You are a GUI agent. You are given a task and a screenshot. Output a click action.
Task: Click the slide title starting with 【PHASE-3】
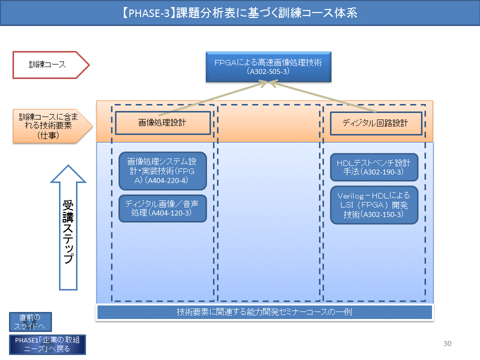[x=239, y=13]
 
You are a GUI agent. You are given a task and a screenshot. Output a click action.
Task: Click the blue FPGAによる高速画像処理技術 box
[x=268, y=63]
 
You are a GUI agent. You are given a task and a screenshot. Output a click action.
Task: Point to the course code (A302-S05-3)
[x=268, y=72]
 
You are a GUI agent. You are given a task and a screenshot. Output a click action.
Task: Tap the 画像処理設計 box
[x=162, y=123]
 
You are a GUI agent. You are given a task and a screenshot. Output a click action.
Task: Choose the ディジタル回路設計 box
[x=375, y=123]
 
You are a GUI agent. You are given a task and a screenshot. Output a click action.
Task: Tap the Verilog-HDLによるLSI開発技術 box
[x=373, y=205]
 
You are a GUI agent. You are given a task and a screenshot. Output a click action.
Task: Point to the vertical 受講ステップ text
[x=68, y=232]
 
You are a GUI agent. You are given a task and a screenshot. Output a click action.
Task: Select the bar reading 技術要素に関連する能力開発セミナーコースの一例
[x=264, y=312]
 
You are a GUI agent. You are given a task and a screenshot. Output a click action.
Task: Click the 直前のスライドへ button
[x=30, y=322]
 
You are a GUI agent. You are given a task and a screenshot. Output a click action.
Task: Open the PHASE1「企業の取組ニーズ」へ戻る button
[x=47, y=344]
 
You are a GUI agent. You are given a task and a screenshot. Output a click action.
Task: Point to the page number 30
[x=447, y=343]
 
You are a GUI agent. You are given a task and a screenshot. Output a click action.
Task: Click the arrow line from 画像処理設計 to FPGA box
[x=215, y=98]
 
